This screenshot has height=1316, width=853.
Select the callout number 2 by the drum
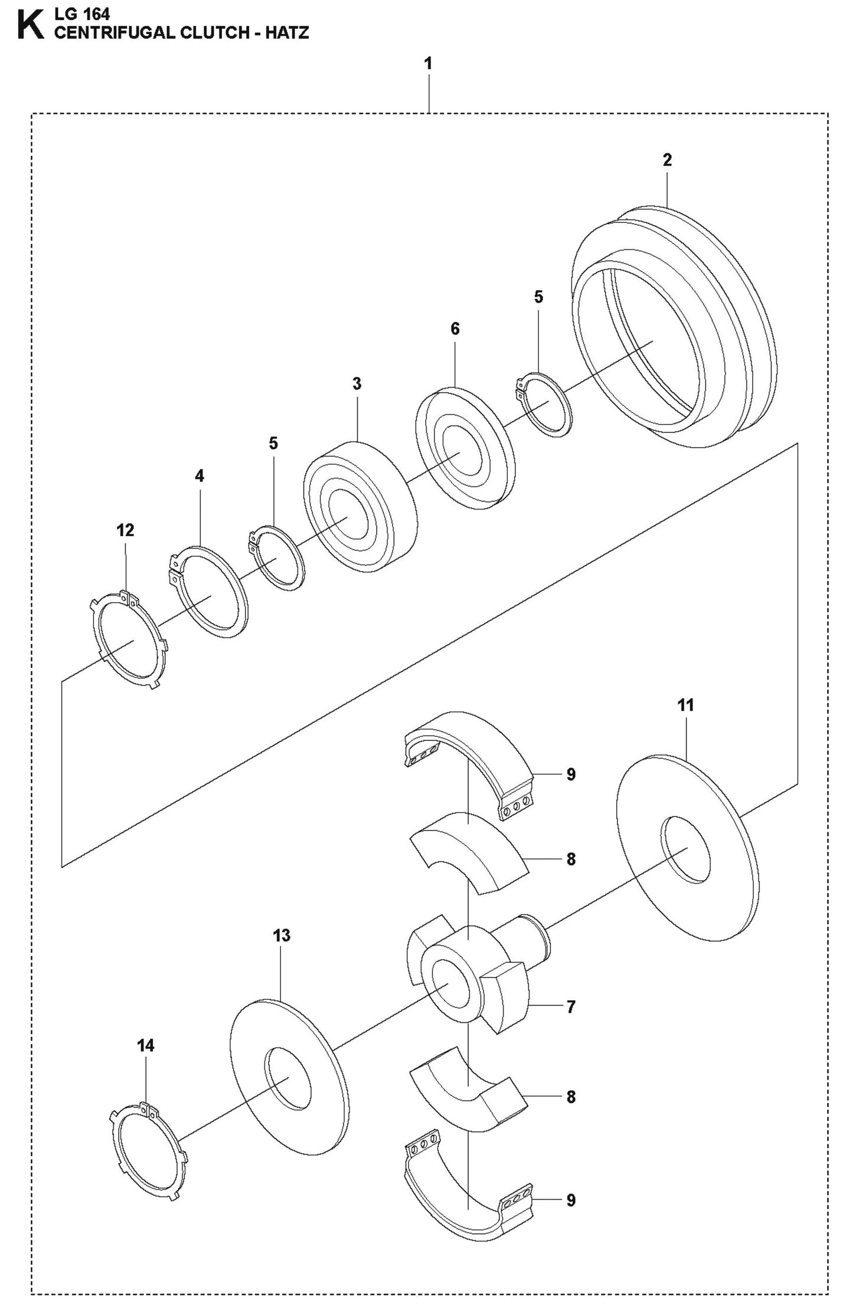[667, 160]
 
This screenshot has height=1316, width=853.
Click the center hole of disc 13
[287, 1079]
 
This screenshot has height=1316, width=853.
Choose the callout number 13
[282, 936]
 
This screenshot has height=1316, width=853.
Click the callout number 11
[685, 705]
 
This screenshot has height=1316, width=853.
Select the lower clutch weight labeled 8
[466, 1097]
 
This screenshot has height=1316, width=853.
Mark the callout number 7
[570, 1007]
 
